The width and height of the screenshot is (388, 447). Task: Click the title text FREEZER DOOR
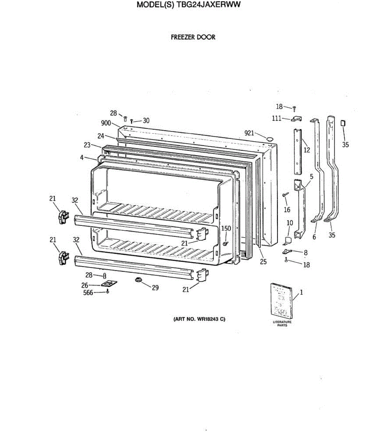coord(193,37)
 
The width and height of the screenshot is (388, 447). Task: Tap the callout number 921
coord(249,133)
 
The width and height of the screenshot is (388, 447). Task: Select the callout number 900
coord(106,123)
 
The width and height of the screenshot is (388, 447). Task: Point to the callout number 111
coord(276,118)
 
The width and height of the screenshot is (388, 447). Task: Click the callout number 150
coord(226,228)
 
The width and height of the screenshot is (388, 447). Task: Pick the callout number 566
coord(88,293)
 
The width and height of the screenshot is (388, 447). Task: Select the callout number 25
coord(263,262)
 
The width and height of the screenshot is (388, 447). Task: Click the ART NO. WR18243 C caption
coord(199,319)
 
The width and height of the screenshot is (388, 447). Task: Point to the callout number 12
coord(307,150)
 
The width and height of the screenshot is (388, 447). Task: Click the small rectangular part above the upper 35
coord(343,123)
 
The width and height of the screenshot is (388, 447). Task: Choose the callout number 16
coord(287,210)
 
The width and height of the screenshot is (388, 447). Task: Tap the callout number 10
coord(290,223)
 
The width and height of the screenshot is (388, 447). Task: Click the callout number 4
coord(82,158)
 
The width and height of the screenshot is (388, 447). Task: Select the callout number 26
coord(85,285)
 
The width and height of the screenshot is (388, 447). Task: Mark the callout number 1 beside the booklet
coord(301,292)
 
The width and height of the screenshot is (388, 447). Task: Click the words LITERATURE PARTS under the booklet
coord(282,324)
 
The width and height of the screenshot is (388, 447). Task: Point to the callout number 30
coord(146,121)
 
